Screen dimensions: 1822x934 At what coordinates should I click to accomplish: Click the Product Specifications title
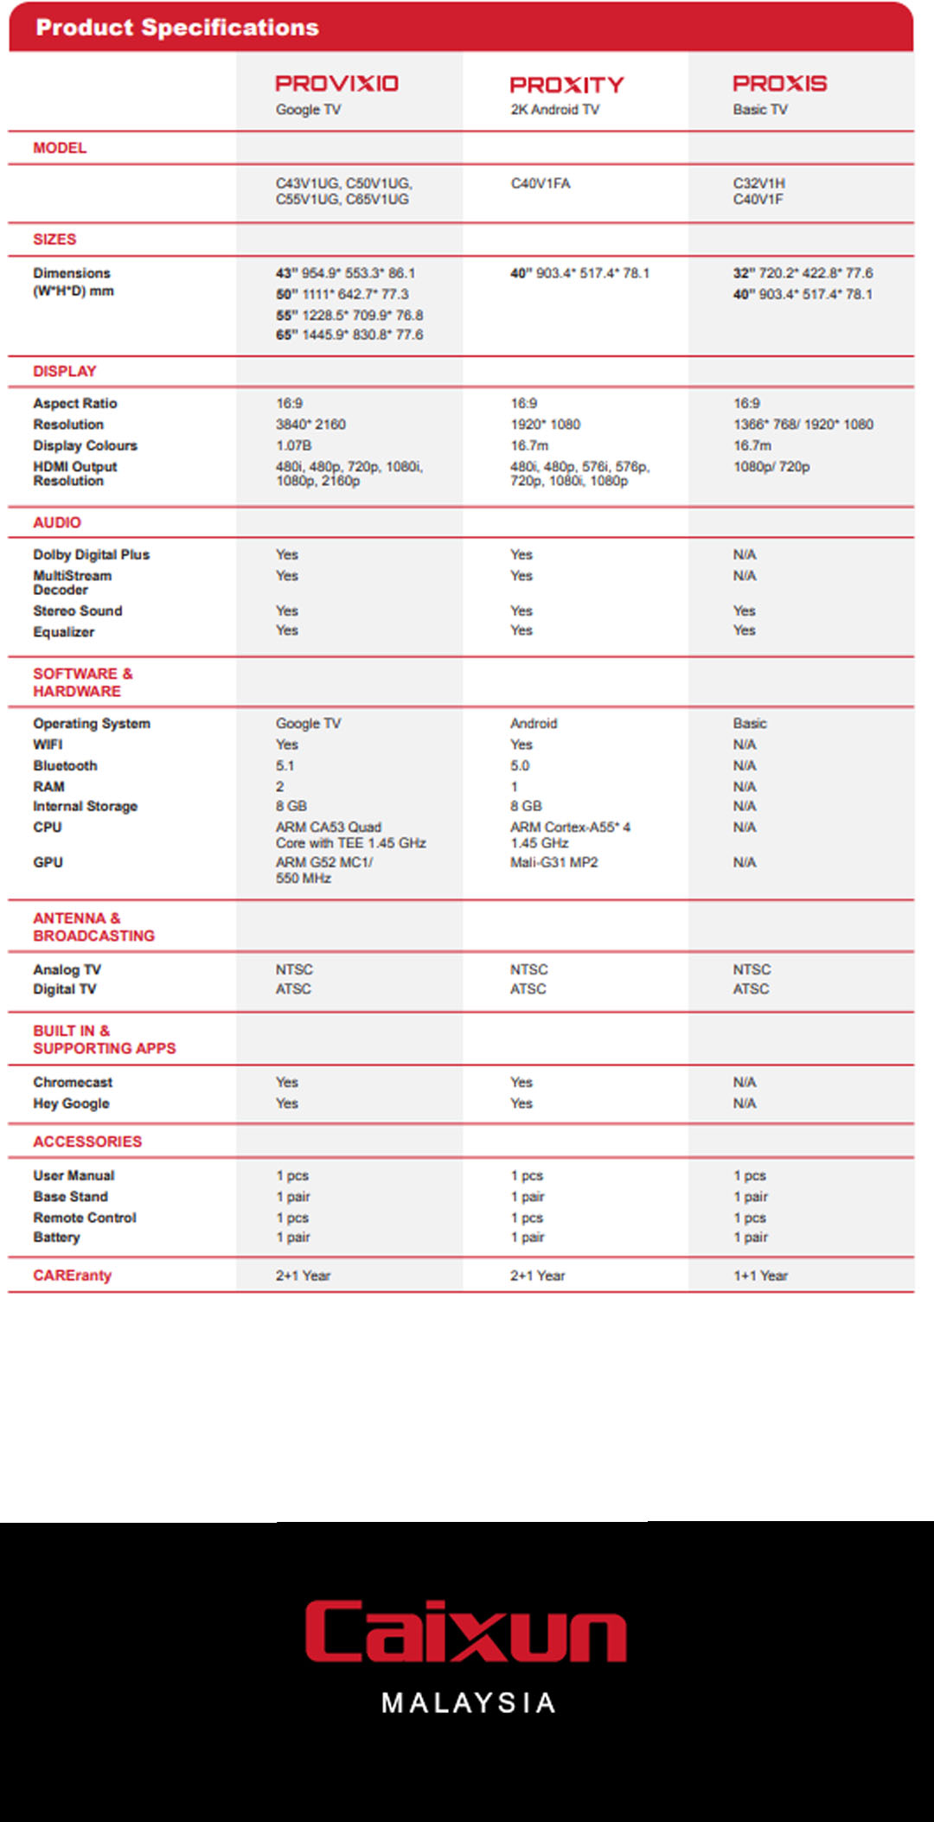(177, 28)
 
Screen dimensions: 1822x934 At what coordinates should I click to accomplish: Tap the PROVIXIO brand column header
(336, 84)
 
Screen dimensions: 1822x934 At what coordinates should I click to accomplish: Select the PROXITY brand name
(566, 85)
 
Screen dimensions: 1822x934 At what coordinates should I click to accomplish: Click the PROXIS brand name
(779, 84)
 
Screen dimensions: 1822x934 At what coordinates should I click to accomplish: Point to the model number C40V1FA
(541, 183)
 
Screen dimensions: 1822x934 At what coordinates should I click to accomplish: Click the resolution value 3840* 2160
(310, 425)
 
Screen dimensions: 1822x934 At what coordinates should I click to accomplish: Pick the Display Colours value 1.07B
(293, 445)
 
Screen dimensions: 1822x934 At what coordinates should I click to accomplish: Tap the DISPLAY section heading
(65, 371)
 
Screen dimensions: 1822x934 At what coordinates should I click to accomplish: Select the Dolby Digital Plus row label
(91, 554)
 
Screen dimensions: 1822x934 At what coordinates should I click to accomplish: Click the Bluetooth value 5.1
(285, 765)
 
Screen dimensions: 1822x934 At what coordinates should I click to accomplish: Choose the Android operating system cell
(534, 723)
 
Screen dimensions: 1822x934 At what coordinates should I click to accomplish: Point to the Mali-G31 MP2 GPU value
(553, 862)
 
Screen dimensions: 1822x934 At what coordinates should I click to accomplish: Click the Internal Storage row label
(85, 806)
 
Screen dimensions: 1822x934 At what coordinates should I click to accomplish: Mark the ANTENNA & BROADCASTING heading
(93, 927)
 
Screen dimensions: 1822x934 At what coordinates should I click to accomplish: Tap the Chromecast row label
(73, 1082)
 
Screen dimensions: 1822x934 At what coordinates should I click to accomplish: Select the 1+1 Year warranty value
(760, 1275)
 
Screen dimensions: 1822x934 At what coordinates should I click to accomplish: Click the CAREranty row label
(72, 1275)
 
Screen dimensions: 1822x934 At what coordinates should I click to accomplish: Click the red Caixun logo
(466, 1631)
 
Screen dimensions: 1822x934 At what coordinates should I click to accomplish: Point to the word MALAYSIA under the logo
(468, 1703)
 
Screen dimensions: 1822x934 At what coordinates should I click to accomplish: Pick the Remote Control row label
(85, 1218)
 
